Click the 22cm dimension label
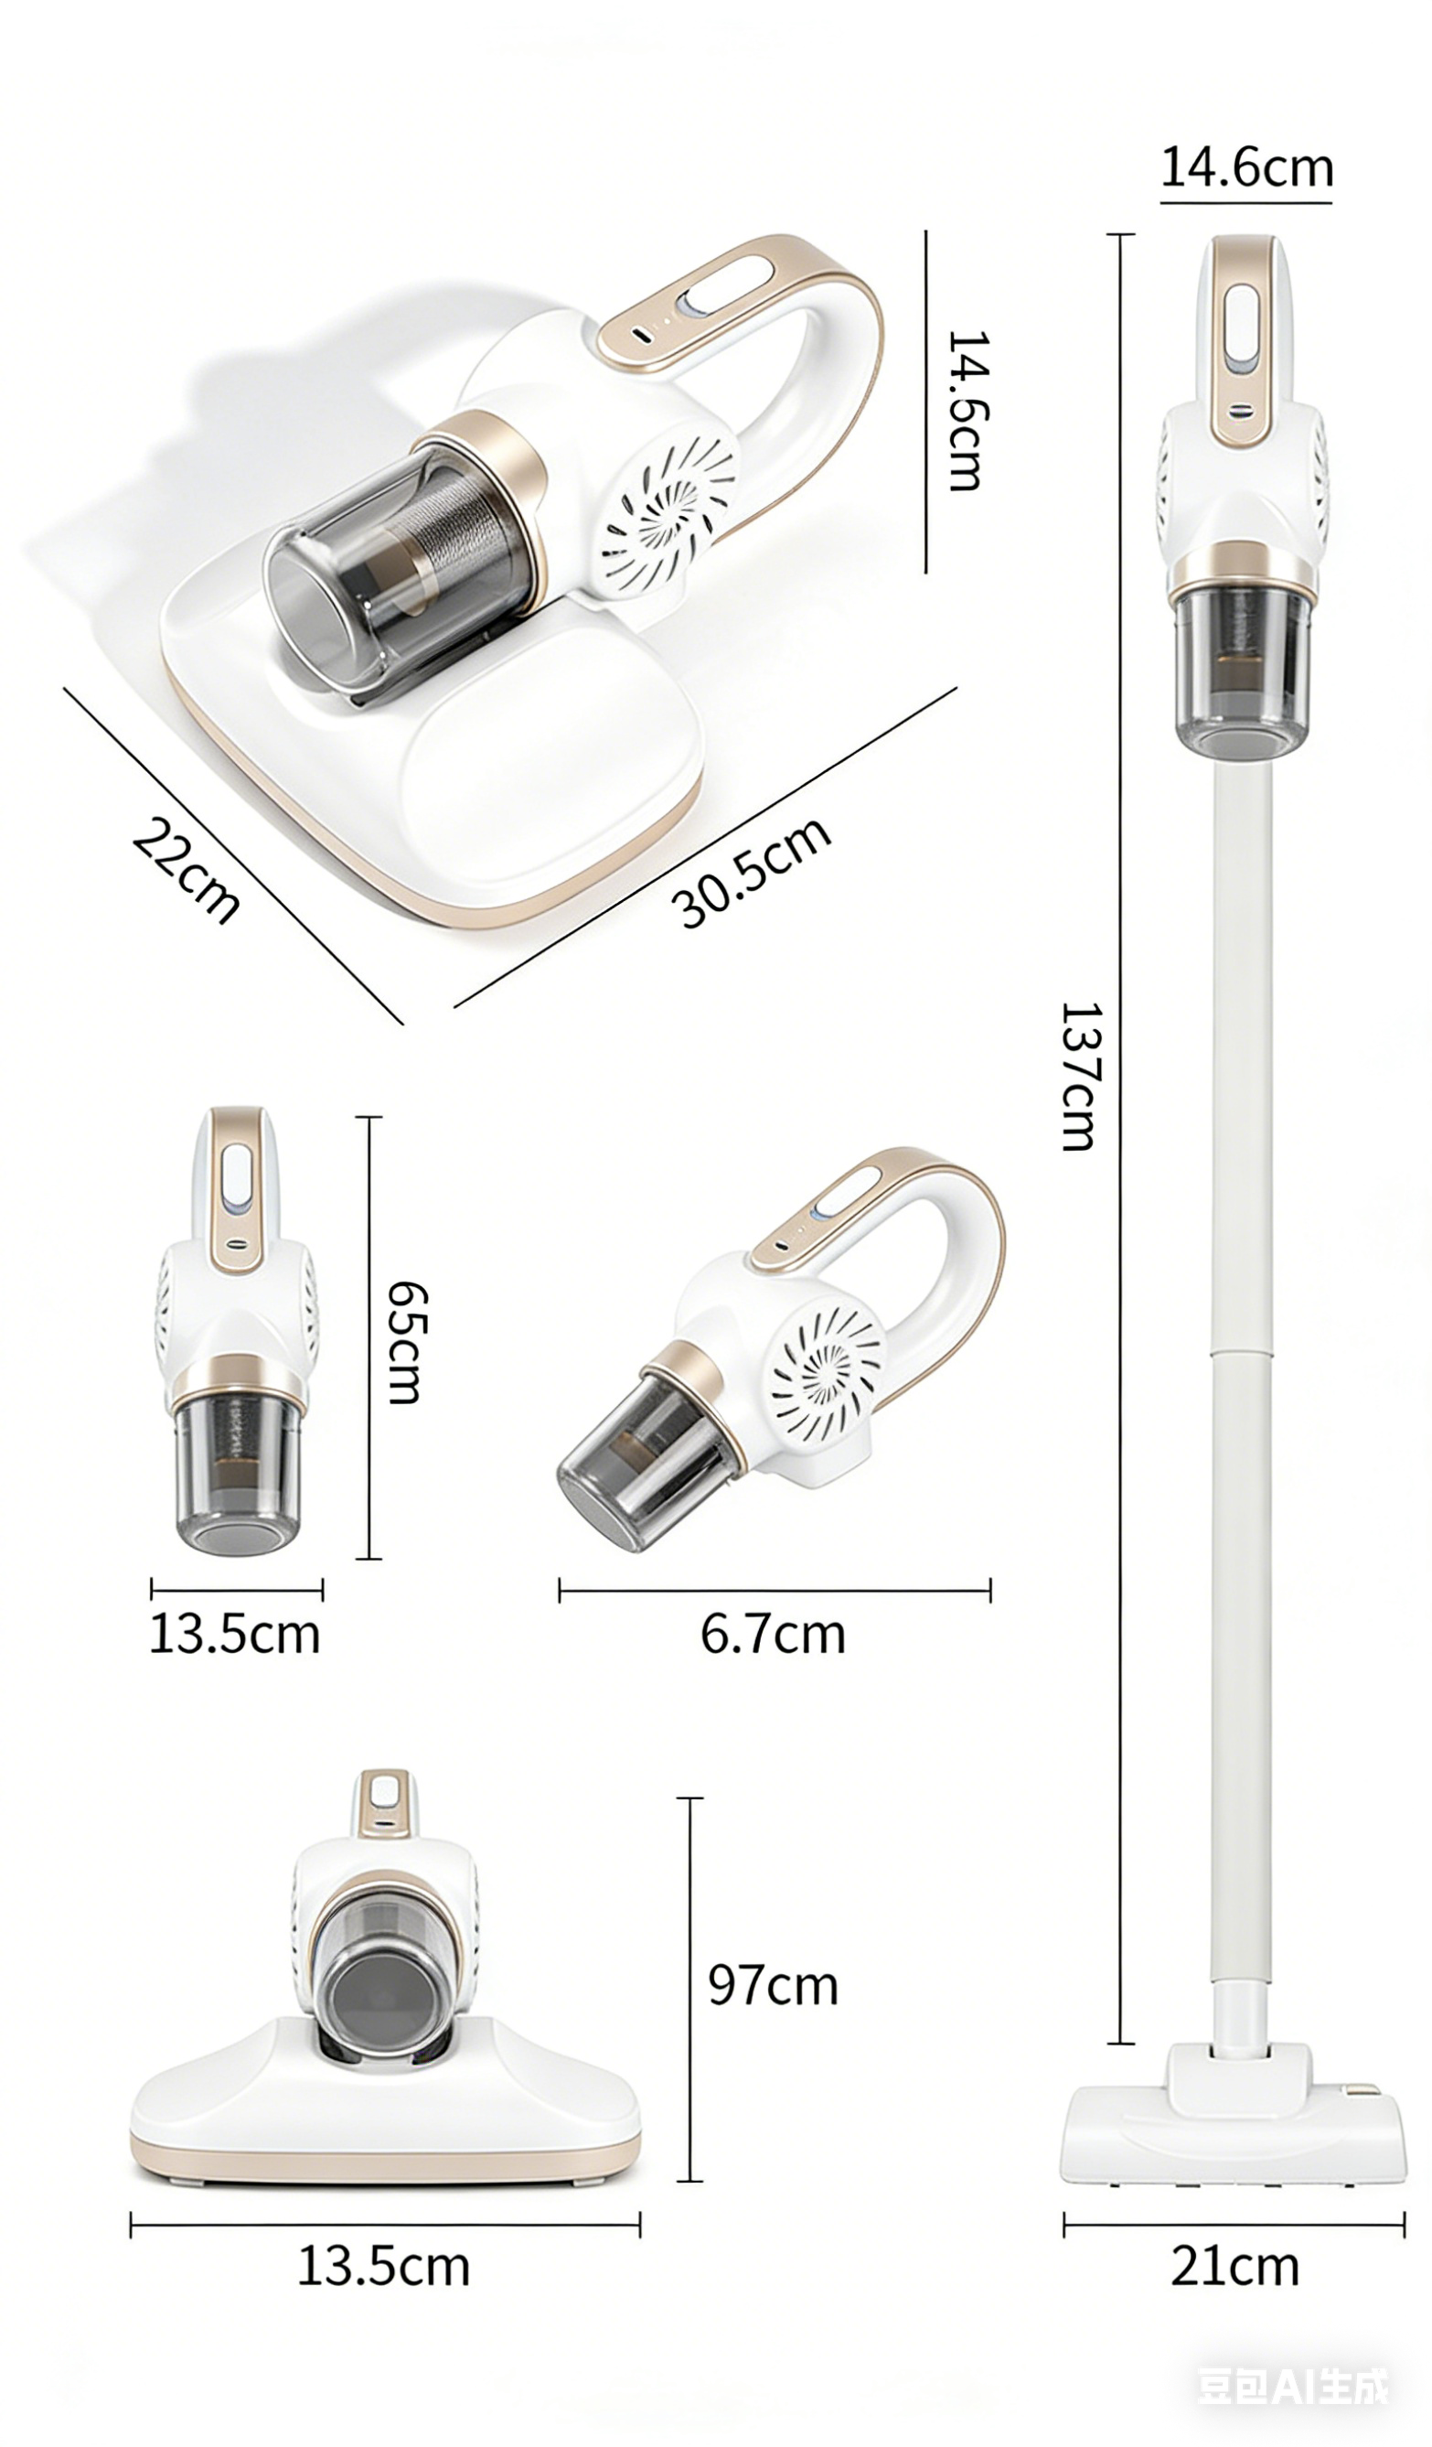tap(186, 870)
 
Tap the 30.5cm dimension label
tap(752, 871)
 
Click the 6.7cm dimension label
tap(773, 1635)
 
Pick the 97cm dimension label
tap(773, 1986)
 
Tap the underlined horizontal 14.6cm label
tap(1246, 167)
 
